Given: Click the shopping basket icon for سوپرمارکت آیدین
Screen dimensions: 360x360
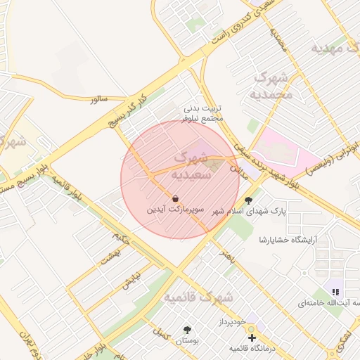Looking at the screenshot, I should tap(174, 198).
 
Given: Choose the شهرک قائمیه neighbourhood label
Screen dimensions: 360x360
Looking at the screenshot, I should tap(199, 298).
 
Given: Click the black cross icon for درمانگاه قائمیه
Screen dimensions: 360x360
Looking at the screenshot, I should tap(252, 338).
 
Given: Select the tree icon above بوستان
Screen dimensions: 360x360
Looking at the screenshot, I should tap(187, 329).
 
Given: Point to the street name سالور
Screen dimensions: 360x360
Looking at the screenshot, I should tap(98, 99).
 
